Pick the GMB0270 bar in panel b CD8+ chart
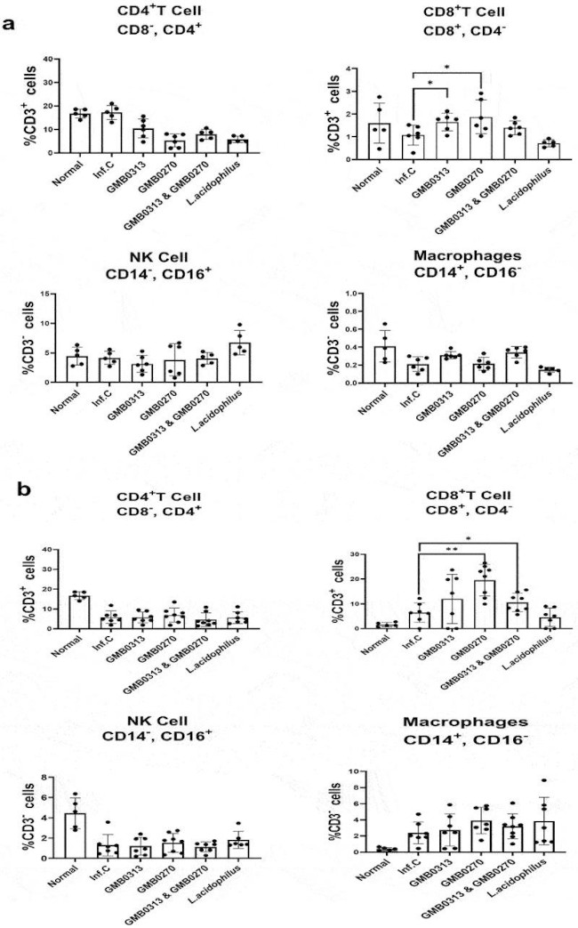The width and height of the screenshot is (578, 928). [x=460, y=604]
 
